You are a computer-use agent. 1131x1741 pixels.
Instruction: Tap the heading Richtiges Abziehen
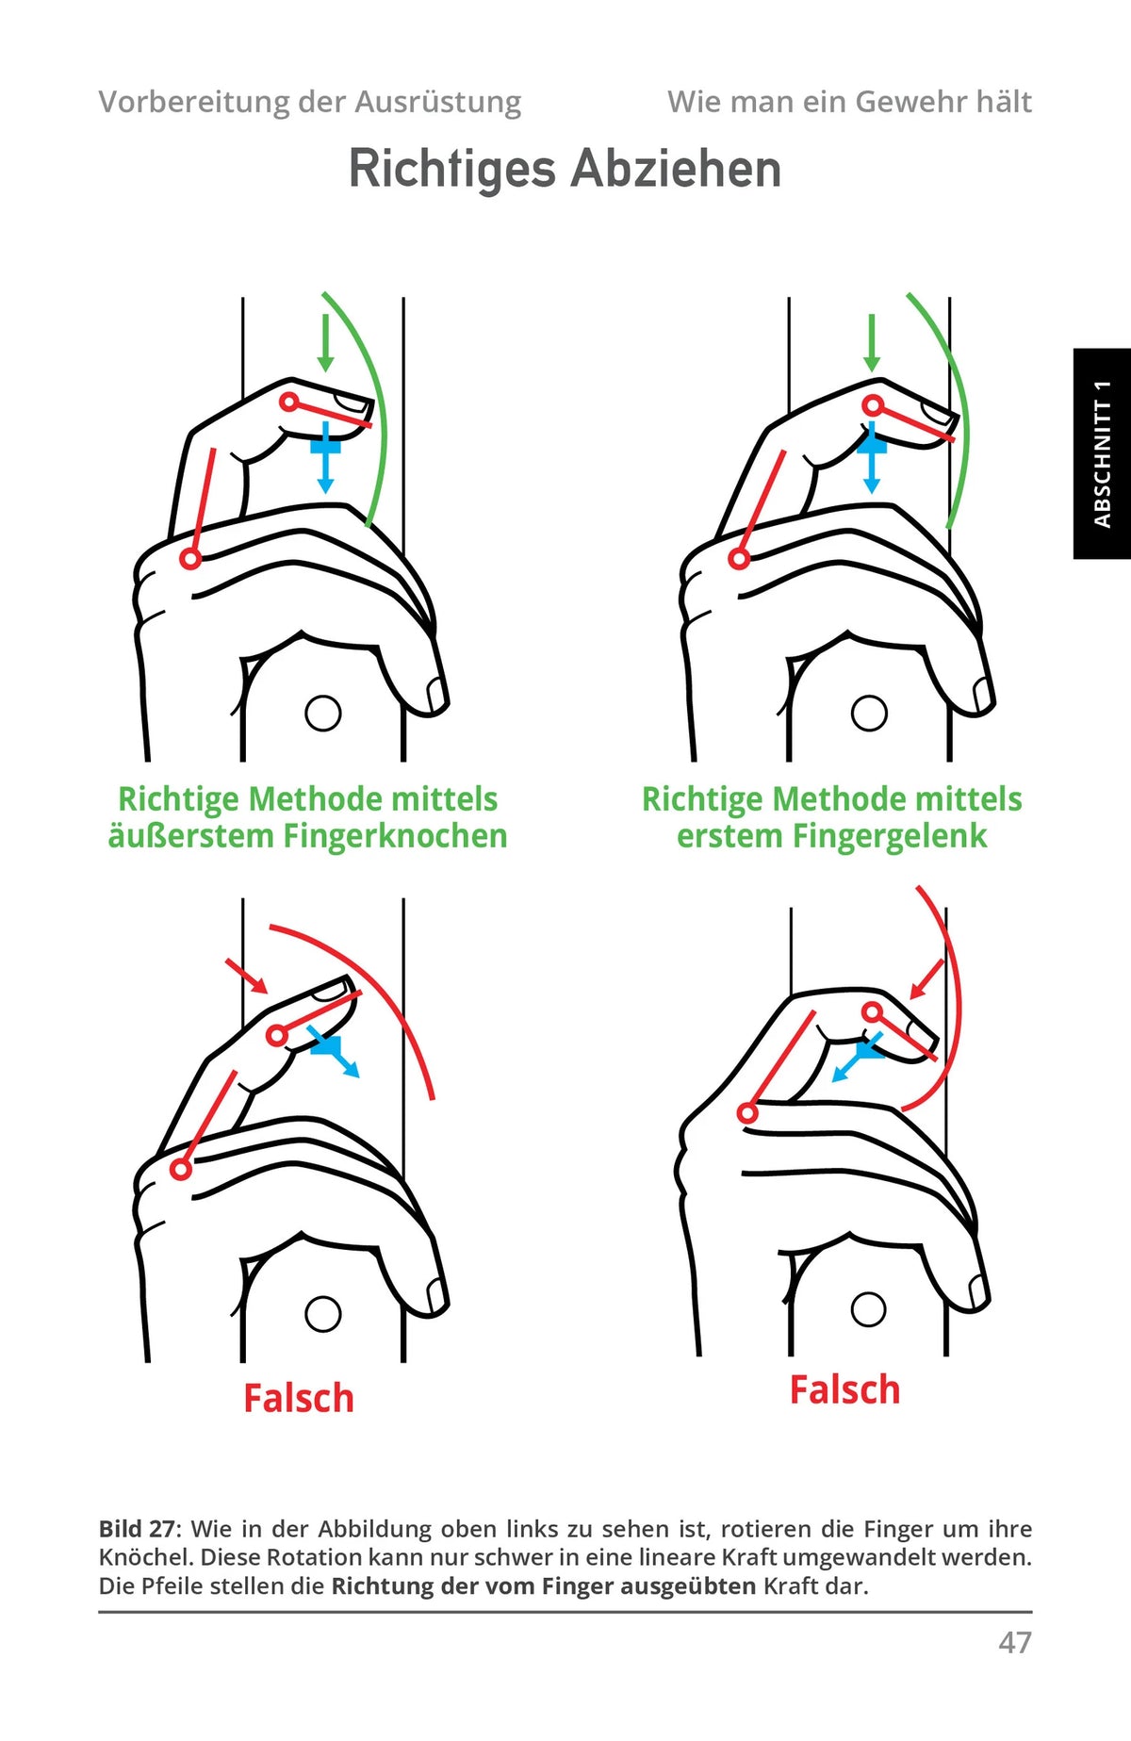coord(565,170)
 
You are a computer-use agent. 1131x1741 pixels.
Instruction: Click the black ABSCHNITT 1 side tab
coord(1102,453)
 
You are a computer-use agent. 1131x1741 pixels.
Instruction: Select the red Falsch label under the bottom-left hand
coord(299,1398)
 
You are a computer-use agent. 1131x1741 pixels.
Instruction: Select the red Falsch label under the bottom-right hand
coord(844,1389)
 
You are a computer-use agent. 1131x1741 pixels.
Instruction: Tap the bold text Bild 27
coord(138,1529)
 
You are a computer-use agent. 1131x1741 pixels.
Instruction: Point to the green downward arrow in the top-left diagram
coord(325,343)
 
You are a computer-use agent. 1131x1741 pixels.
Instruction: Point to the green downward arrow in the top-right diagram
coord(872,343)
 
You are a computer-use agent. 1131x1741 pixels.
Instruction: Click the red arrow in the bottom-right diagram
coord(926,979)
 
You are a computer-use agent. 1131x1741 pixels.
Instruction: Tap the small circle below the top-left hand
coord(323,714)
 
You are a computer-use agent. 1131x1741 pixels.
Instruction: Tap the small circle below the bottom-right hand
coord(868,1309)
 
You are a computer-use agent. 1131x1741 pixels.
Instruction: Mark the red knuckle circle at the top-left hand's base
coord(190,559)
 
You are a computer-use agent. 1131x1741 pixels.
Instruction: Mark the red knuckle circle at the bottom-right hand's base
coord(747,1113)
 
